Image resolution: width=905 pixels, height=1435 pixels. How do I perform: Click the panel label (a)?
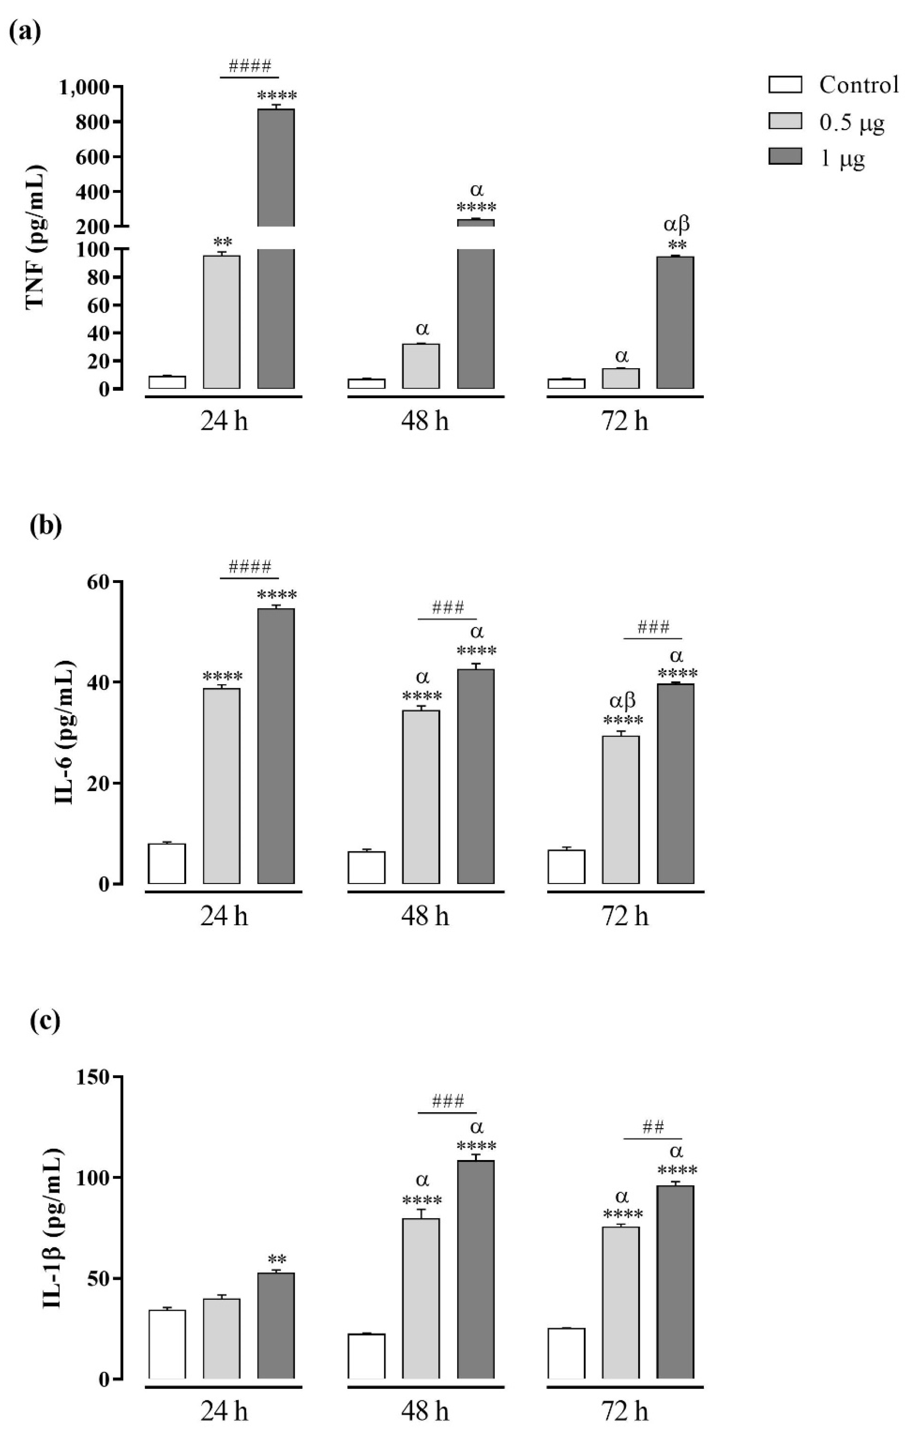[x=25, y=31]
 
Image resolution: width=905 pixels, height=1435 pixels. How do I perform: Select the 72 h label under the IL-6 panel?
[x=624, y=916]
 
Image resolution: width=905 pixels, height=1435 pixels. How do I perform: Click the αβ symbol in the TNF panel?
[x=676, y=225]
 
